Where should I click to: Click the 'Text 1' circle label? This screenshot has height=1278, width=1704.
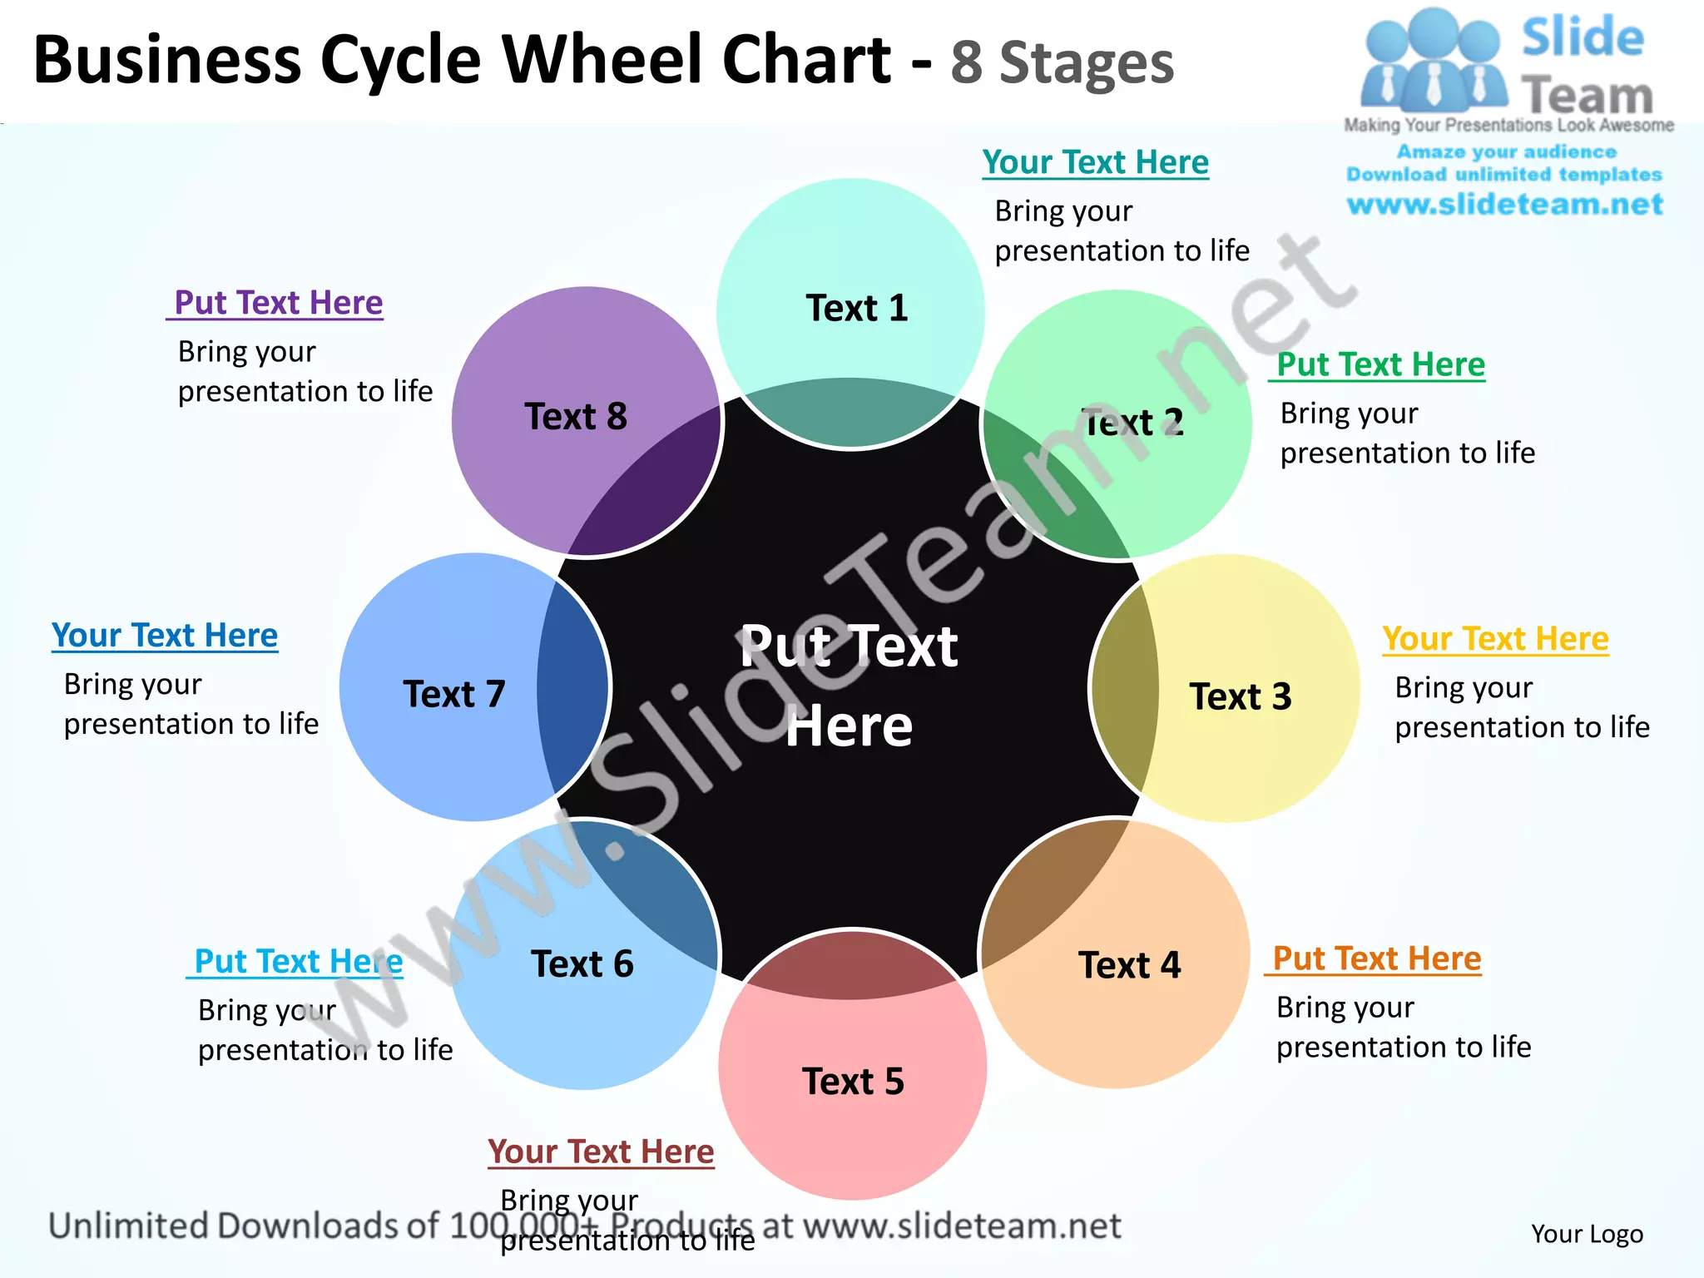coord(856,309)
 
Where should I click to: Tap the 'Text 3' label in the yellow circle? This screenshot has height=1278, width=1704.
coord(1240,697)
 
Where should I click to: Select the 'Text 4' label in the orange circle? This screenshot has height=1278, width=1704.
coord(1129,966)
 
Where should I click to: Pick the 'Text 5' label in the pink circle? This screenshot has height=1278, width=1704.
coord(853,1082)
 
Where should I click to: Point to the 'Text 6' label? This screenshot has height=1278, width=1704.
coord(582,964)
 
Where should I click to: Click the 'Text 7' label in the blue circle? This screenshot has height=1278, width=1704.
coord(454,695)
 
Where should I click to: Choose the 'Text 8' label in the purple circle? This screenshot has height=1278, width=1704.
coord(576,417)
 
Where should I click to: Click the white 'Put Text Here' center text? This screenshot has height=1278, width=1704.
coord(849,686)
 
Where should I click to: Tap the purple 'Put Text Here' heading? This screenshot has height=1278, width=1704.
coord(278,303)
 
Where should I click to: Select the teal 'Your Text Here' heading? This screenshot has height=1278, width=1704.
coord(1095,162)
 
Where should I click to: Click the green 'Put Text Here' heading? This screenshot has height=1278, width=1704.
coord(1380,364)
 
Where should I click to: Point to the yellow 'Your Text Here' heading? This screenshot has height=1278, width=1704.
coord(1495,639)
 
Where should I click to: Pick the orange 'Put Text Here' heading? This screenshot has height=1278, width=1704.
coord(1377,958)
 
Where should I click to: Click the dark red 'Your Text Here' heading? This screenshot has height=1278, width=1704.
coord(601,1152)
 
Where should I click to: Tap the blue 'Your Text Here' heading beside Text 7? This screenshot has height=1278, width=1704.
coord(165,636)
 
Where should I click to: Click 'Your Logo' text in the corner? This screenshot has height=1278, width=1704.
coord(1587,1234)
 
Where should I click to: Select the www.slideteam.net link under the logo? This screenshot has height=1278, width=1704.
coord(1504,205)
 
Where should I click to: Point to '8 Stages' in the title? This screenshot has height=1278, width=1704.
coord(1062,63)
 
